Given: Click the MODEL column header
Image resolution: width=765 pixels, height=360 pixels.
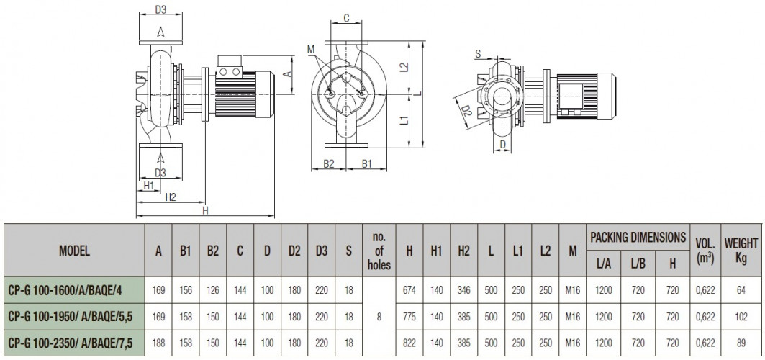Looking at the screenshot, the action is click(x=74, y=251).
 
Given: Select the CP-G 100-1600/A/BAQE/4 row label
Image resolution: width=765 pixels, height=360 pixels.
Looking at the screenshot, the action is click(x=65, y=290).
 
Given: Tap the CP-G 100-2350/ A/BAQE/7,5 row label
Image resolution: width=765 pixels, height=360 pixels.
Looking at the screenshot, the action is click(x=71, y=343).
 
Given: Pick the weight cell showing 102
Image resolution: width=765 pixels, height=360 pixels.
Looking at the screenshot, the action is click(x=741, y=317).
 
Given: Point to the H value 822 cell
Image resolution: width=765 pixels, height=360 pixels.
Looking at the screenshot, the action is click(x=409, y=343).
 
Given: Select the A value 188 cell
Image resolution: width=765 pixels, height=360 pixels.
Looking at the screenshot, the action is click(x=158, y=343).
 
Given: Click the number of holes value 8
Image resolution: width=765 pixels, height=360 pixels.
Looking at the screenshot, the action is click(x=379, y=317).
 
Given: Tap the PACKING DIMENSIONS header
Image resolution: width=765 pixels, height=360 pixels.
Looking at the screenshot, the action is click(x=638, y=238).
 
